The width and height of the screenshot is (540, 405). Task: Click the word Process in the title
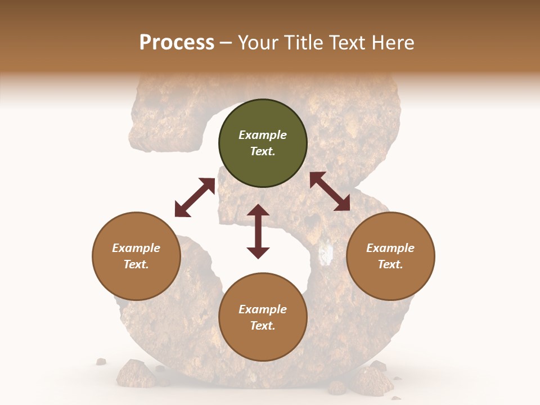177,42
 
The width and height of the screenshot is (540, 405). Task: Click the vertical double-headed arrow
258,231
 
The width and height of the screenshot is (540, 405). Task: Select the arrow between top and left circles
195,197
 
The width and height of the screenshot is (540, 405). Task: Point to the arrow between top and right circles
330,191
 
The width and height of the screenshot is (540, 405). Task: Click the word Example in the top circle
263,135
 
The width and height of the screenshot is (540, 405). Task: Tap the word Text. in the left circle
136,264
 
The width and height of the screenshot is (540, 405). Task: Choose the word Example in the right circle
390,248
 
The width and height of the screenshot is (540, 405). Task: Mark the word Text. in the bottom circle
263,326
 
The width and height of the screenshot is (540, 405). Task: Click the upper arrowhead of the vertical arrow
258,210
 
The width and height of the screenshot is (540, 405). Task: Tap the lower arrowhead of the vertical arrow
258,253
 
